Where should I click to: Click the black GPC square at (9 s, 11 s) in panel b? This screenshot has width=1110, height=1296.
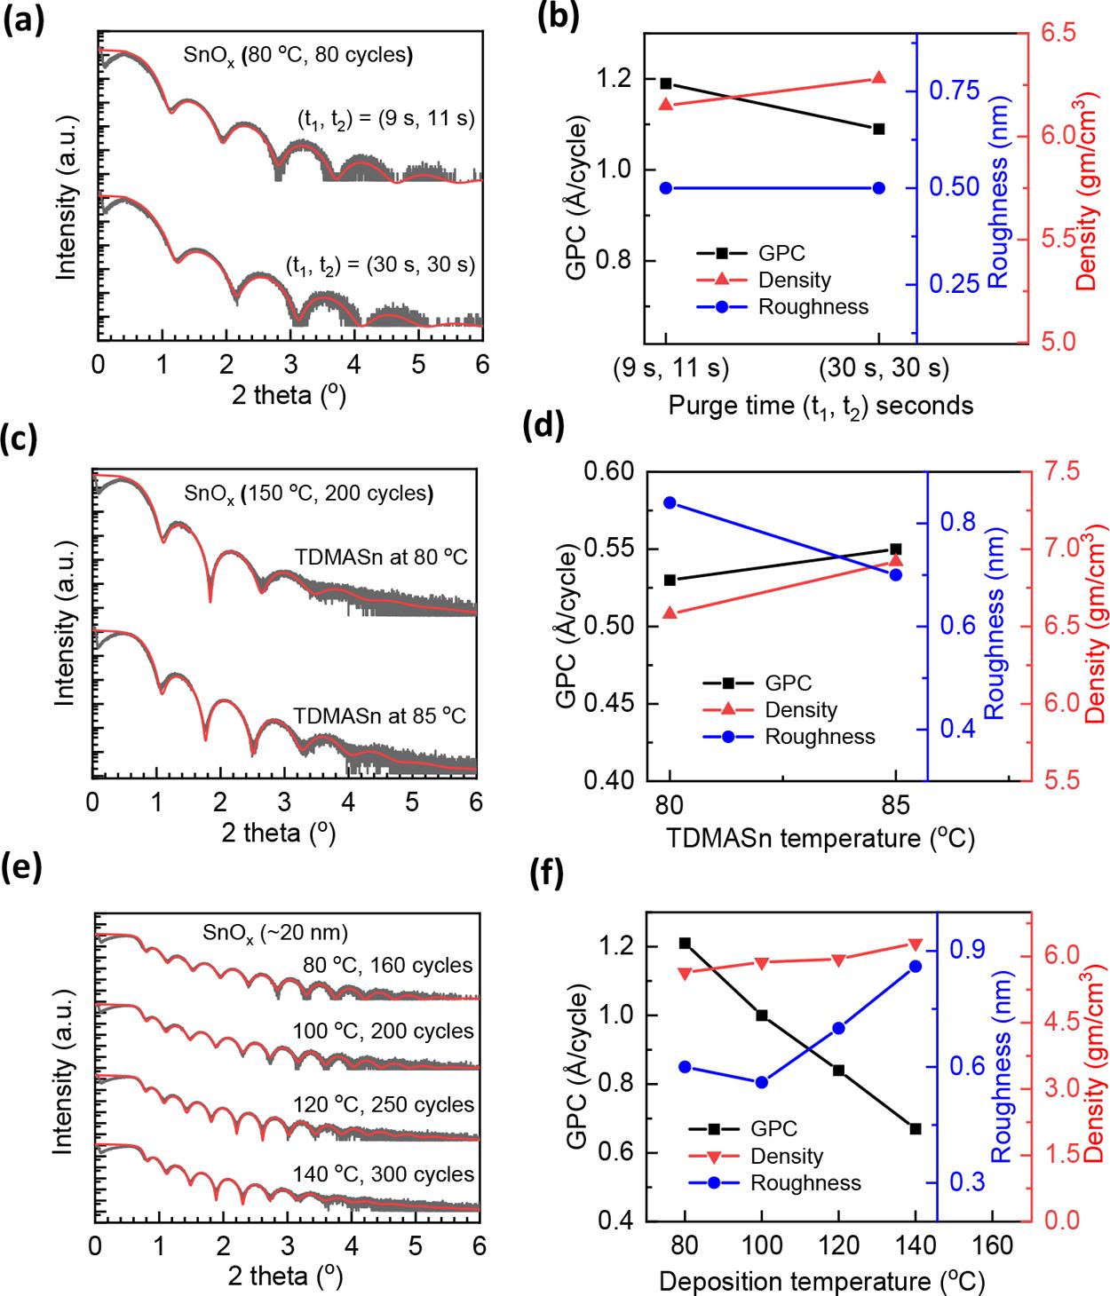pos(666,83)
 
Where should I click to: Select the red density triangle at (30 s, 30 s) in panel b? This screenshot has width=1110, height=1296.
pos(879,78)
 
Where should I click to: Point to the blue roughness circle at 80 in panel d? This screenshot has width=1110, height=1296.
pos(670,502)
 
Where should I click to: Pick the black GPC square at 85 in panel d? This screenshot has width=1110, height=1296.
pos(895,549)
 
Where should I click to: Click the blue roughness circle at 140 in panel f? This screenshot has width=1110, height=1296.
pos(916,967)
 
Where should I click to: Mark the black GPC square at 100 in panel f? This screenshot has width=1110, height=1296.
pos(761,1015)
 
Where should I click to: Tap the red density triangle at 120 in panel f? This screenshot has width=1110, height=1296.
pos(838,960)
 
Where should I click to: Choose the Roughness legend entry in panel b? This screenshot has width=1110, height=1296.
pos(812,307)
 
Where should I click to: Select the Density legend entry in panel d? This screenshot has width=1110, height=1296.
pos(800,710)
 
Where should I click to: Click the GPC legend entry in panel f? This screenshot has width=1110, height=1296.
pos(773,1129)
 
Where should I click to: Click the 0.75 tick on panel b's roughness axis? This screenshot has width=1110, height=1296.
pos(954,91)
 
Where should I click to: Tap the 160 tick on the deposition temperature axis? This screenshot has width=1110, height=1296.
pos(992,1245)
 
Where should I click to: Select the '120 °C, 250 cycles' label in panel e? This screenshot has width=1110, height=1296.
pos(384,1105)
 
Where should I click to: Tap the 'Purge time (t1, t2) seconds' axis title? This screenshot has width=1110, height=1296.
pos(821,407)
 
